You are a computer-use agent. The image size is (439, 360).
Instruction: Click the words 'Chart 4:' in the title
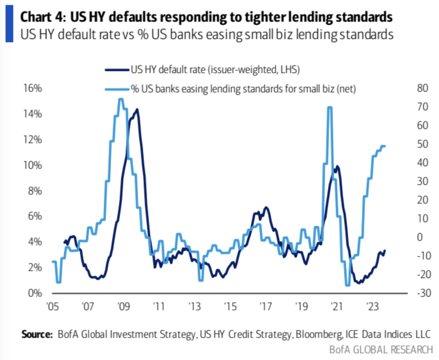pyautogui.click(x=43, y=17)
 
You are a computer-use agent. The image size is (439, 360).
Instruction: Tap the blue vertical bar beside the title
pyautogui.click(x=9, y=24)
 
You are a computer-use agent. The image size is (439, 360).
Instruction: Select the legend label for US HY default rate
pyautogui.click(x=215, y=70)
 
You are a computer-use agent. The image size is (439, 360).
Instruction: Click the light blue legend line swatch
pyautogui.click(x=117, y=89)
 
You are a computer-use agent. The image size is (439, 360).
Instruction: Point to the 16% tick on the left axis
pyautogui.click(x=33, y=88)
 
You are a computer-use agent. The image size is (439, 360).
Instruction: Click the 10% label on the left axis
pyautogui.click(x=33, y=165)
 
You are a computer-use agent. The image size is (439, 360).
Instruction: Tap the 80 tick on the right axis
pyautogui.click(x=422, y=88)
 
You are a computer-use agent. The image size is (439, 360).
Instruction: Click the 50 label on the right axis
pyautogui.click(x=422, y=144)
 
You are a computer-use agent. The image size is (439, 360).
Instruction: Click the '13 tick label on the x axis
pyautogui.click(x=195, y=307)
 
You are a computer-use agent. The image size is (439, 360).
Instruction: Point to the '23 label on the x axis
pyautogui.click(x=372, y=307)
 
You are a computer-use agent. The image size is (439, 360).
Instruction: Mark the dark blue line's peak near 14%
pyautogui.click(x=137, y=109)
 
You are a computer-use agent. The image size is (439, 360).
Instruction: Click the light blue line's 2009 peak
pyautogui.click(x=121, y=99)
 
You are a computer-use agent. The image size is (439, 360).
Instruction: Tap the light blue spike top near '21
pyautogui.click(x=330, y=107)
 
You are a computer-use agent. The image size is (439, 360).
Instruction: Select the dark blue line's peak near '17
pyautogui.click(x=266, y=207)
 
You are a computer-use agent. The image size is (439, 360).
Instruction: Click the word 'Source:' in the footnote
pyautogui.click(x=37, y=334)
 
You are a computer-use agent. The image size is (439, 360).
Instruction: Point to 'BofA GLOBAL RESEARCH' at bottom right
pyautogui.click(x=381, y=350)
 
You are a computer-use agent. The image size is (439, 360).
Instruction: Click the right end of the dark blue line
pyautogui.click(x=385, y=251)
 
